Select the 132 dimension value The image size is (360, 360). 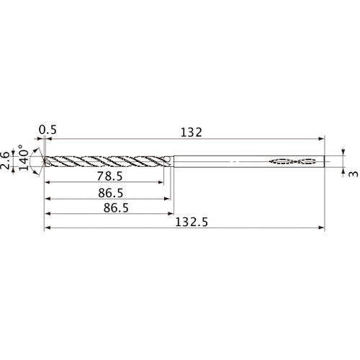(190, 132)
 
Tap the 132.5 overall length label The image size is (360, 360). (190, 223)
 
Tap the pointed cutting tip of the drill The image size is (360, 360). (44, 161)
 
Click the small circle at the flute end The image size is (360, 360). (167, 161)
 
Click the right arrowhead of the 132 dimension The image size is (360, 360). (322, 139)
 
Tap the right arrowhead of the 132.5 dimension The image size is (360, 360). (322, 229)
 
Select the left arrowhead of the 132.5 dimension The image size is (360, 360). (47, 229)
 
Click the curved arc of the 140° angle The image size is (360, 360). (35, 160)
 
